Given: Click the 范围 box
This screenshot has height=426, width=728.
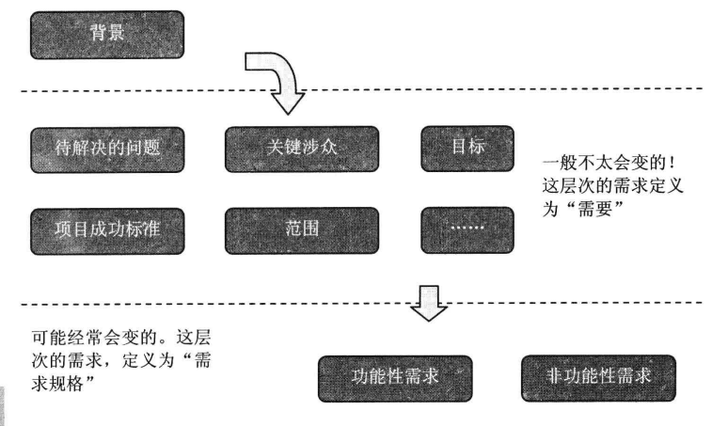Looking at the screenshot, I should pos(302,229).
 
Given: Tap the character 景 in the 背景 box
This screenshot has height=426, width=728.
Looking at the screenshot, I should pos(119,34).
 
